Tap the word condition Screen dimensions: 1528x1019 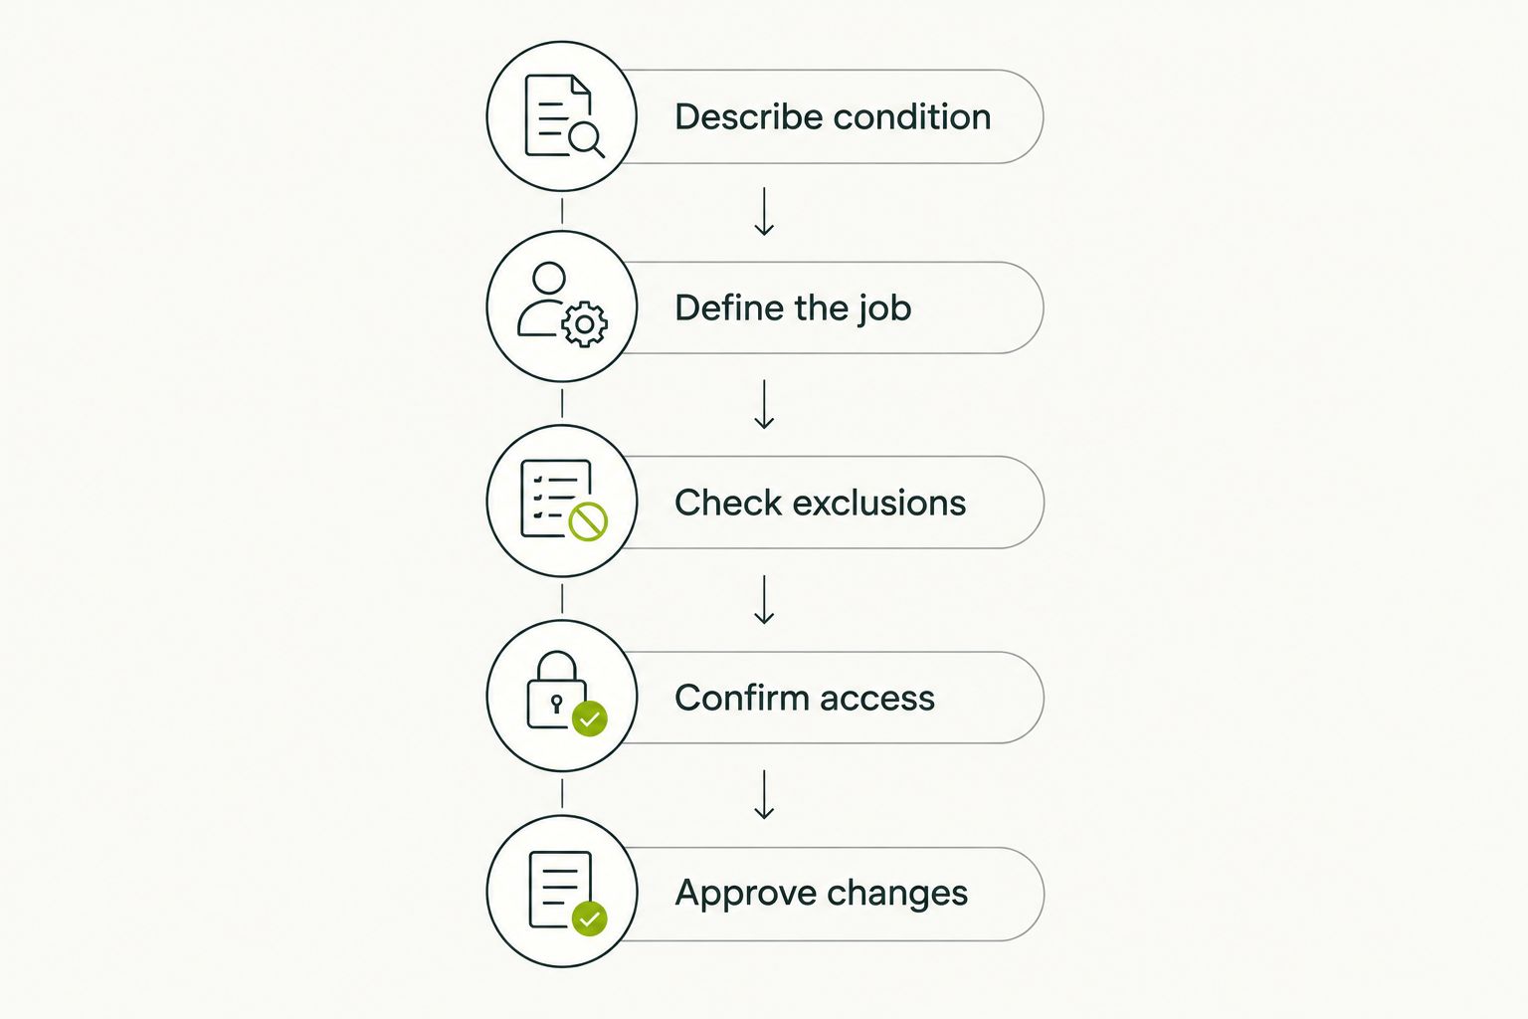coord(912,116)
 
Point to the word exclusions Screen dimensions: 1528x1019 coord(879,503)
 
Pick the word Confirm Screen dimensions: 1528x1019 coord(742,698)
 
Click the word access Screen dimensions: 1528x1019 coord(877,700)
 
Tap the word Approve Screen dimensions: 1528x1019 coord(745,894)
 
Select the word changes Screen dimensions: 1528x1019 coord(897,894)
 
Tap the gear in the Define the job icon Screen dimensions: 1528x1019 coord(585,324)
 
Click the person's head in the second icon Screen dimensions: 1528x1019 coord(549,279)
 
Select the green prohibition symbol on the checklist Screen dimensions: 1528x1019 coord(588,521)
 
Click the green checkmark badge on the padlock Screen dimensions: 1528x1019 coord(589,718)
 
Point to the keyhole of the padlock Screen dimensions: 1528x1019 coord(557,703)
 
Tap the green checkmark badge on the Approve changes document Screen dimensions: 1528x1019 coord(589,917)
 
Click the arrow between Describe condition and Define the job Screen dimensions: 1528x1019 coord(764,212)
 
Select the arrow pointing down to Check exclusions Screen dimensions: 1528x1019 coord(764,404)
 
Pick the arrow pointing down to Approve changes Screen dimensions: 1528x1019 coord(764,794)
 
